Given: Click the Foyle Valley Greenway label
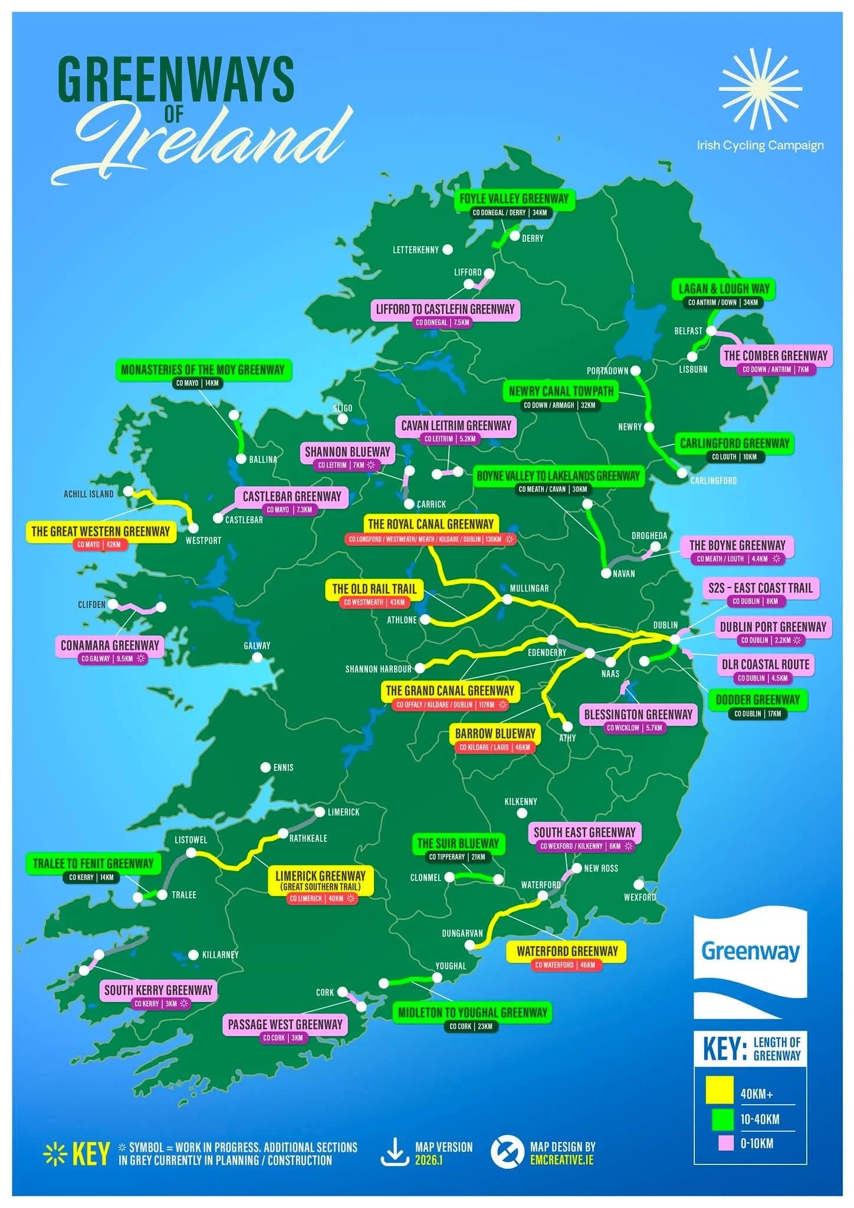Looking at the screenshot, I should (x=514, y=199).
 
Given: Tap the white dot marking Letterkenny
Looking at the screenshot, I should (x=448, y=250).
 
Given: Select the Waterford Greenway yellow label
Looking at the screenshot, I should (x=567, y=951).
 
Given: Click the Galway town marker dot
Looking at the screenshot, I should (x=257, y=658).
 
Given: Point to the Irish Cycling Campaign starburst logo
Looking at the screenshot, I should (x=760, y=88).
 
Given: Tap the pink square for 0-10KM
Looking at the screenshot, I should (x=725, y=1143).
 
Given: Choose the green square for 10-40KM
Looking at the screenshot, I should (x=722, y=1119).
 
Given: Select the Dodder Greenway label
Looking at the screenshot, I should (x=757, y=700).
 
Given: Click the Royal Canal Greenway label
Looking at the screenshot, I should (x=431, y=524).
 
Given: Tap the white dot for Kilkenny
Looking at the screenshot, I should (x=522, y=813).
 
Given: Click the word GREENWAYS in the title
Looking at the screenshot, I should (x=176, y=80).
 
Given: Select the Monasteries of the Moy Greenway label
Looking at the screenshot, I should (x=203, y=370).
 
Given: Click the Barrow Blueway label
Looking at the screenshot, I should (x=495, y=733).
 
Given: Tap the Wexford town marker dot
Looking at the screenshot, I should (x=638, y=884).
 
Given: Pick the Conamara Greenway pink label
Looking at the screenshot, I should (x=110, y=645).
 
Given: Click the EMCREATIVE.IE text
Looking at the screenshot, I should (x=562, y=1160).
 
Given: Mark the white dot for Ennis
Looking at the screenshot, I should (x=266, y=767).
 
